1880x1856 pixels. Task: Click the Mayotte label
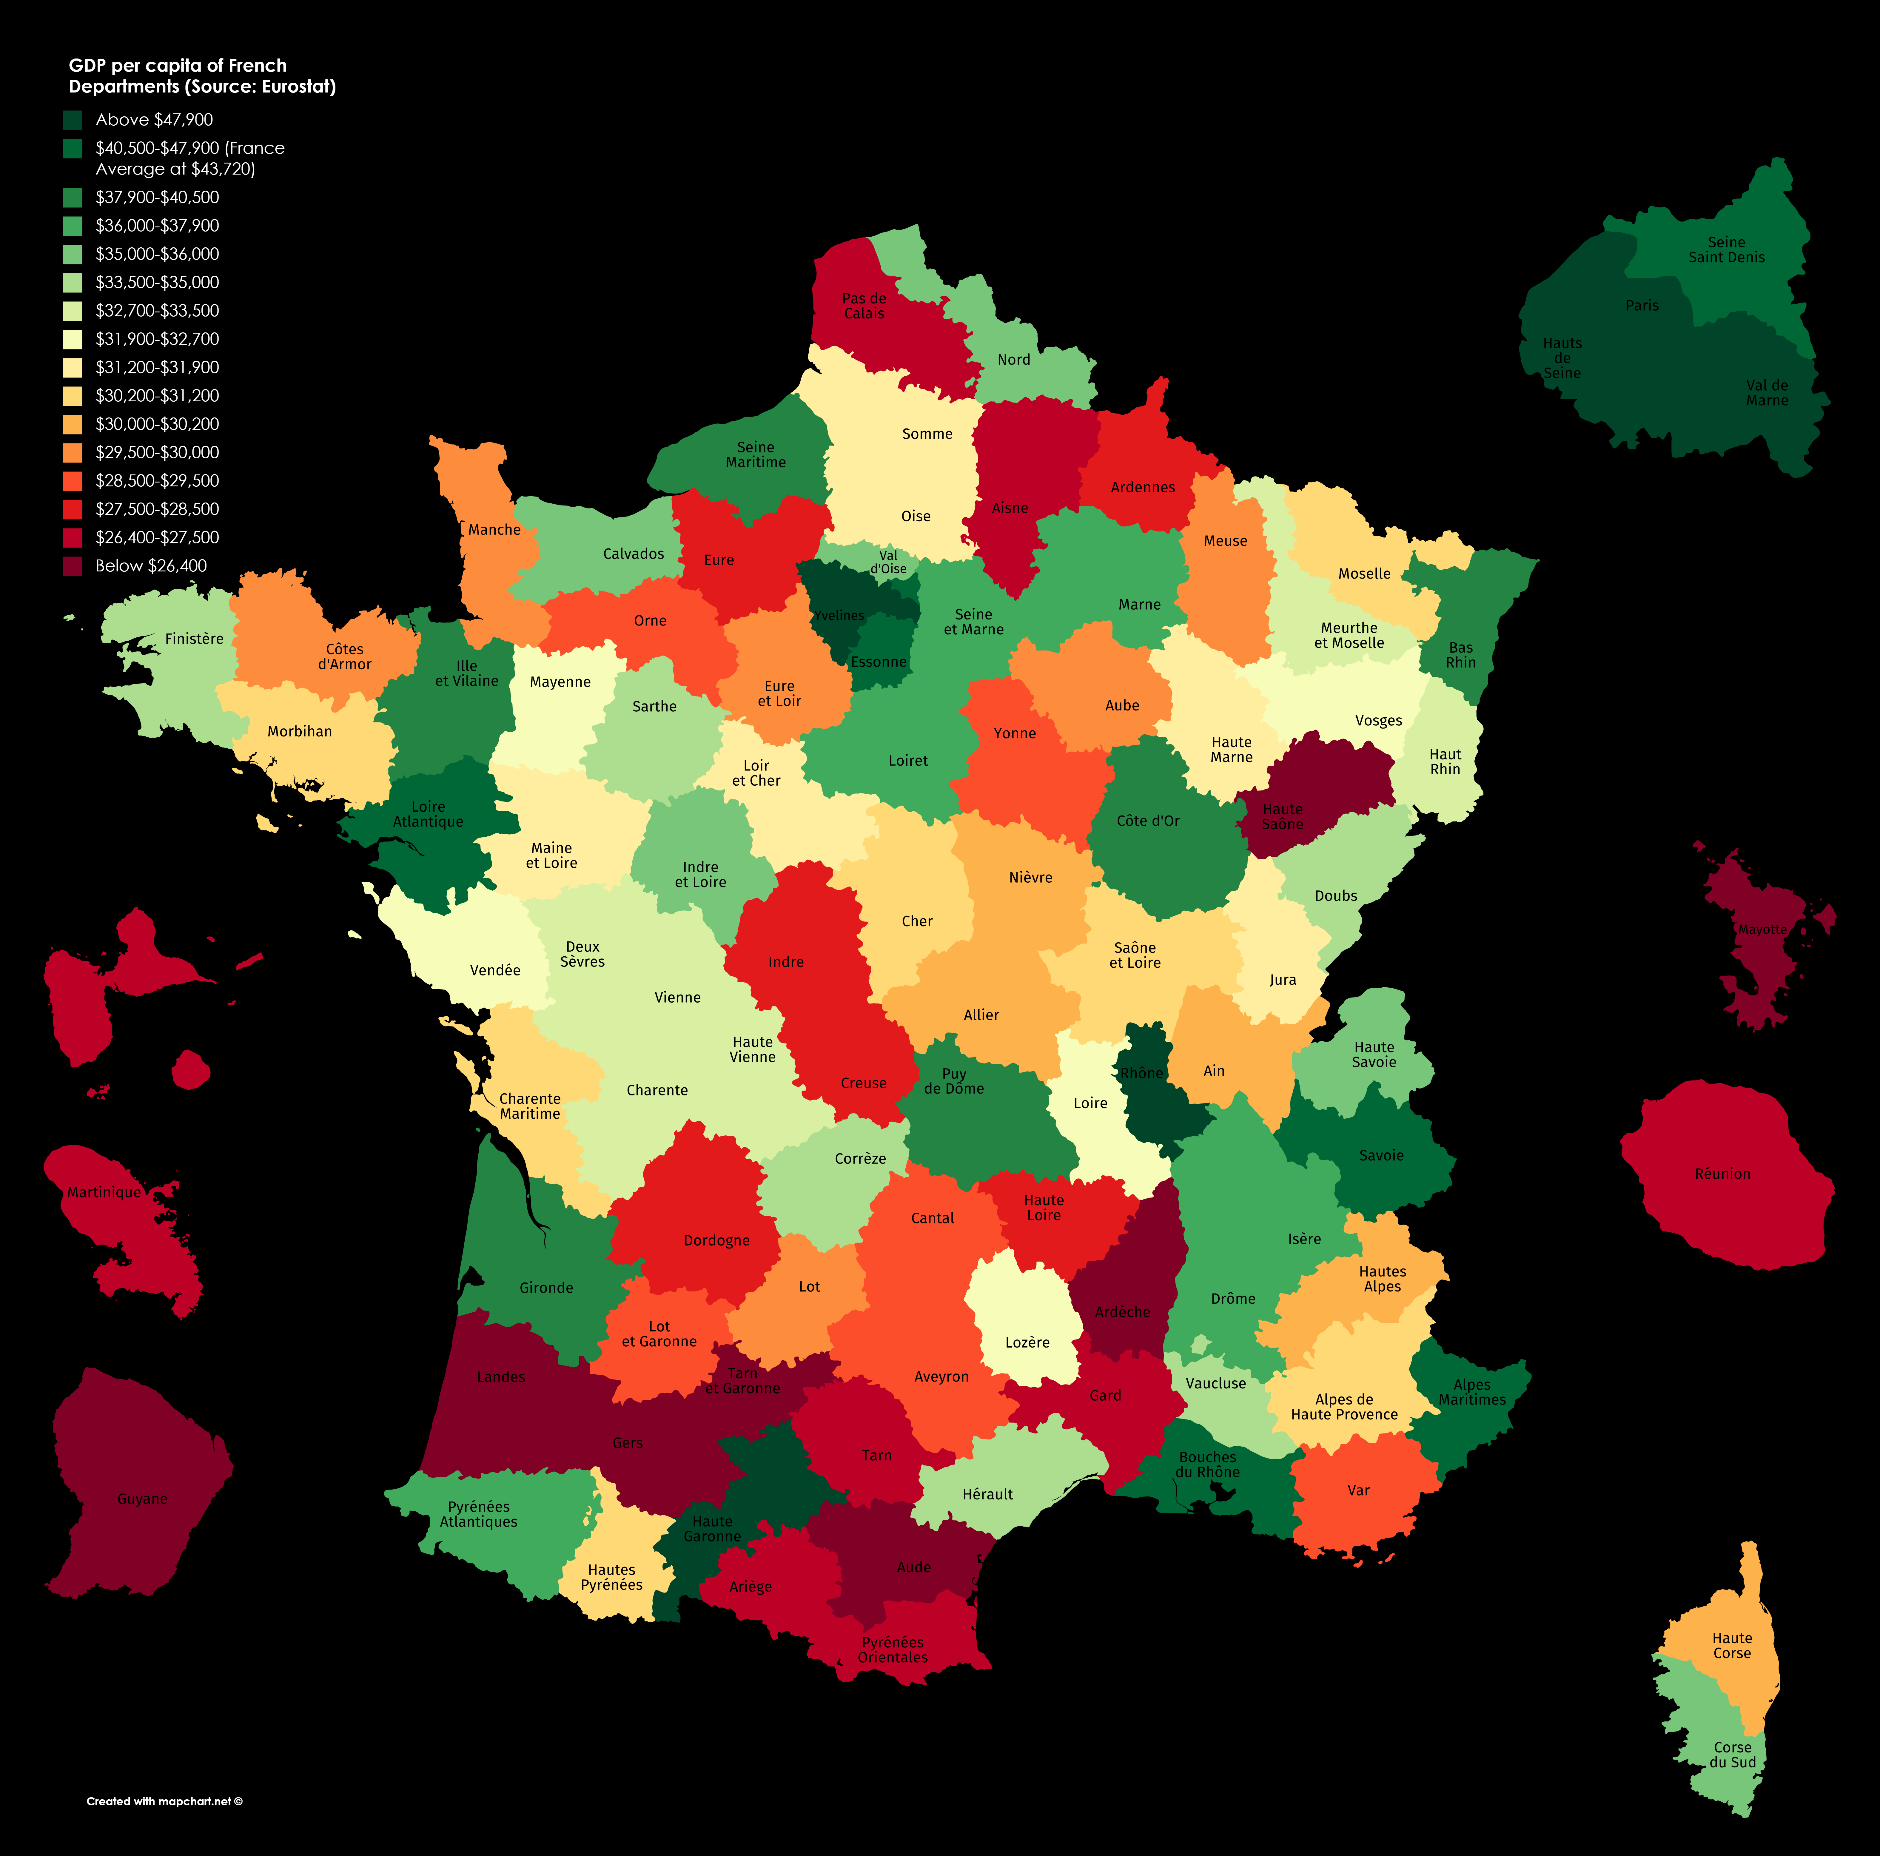pyautogui.click(x=1762, y=929)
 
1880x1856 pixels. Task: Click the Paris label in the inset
pyautogui.click(x=1642, y=306)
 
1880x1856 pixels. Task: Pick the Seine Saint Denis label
pyautogui.click(x=1726, y=250)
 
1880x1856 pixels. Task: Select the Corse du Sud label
pyautogui.click(x=1733, y=1755)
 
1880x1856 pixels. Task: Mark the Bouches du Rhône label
pyautogui.click(x=1208, y=1465)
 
